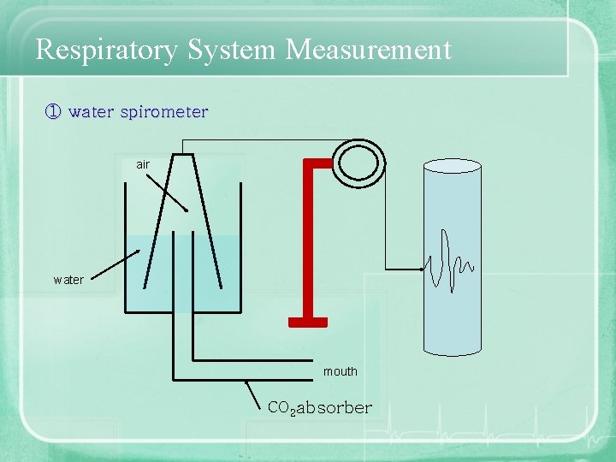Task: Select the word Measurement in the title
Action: pyautogui.click(x=369, y=50)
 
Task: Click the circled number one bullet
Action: pyautogui.click(x=52, y=112)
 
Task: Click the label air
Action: pyautogui.click(x=143, y=164)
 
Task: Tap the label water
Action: pyautogui.click(x=68, y=280)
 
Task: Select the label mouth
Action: pyautogui.click(x=341, y=371)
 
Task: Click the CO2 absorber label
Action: pyautogui.click(x=320, y=408)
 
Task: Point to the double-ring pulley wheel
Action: pyautogui.click(x=360, y=160)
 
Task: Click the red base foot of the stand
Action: pyautogui.click(x=308, y=323)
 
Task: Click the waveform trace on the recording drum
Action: pyautogui.click(x=449, y=262)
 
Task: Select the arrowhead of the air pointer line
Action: pyautogui.click(x=186, y=210)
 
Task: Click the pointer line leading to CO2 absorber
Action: pyautogui.click(x=255, y=394)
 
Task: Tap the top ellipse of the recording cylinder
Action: pyautogui.click(x=453, y=165)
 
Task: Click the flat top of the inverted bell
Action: pyautogui.click(x=183, y=155)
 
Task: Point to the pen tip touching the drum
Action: pyautogui.click(x=425, y=268)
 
